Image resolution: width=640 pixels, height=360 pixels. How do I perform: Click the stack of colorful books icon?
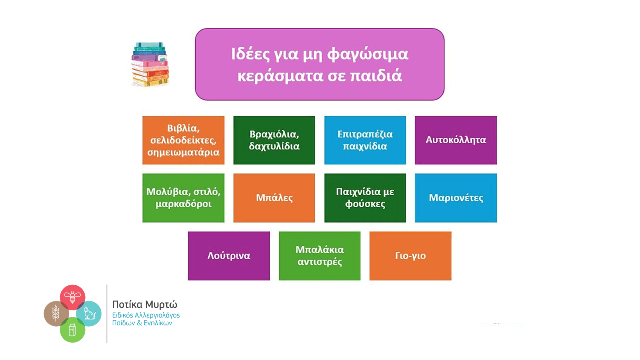click(x=150, y=65)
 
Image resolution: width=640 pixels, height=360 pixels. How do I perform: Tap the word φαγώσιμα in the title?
click(x=368, y=54)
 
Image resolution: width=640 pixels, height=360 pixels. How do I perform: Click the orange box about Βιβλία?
click(x=183, y=140)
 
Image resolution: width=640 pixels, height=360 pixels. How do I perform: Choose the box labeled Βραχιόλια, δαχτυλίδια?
click(x=274, y=140)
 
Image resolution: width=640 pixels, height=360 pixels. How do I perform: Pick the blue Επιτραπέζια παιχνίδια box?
click(x=365, y=140)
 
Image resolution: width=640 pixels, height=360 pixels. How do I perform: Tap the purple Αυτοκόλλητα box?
click(x=456, y=140)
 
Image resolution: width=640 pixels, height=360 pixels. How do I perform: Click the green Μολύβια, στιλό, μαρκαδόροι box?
click(x=183, y=198)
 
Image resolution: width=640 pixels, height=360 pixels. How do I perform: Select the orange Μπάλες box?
click(x=274, y=198)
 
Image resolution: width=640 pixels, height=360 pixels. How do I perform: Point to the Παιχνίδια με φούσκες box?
click(x=365, y=198)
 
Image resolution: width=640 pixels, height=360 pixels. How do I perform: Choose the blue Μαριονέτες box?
click(x=456, y=198)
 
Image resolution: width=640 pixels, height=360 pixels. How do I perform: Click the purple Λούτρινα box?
click(x=229, y=256)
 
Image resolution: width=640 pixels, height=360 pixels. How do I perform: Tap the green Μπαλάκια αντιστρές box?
click(x=319, y=256)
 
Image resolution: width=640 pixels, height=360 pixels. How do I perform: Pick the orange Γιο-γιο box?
click(x=410, y=256)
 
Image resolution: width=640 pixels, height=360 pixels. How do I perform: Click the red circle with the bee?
click(x=72, y=297)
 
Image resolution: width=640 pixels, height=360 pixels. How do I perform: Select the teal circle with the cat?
click(x=89, y=313)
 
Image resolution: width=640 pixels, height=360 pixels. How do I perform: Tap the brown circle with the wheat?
click(x=56, y=313)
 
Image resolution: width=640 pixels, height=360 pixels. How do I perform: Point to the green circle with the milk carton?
click(x=72, y=330)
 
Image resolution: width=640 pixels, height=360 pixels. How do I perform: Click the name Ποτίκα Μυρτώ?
click(x=145, y=305)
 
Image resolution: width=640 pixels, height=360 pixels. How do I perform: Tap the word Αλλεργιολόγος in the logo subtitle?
click(x=157, y=315)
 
